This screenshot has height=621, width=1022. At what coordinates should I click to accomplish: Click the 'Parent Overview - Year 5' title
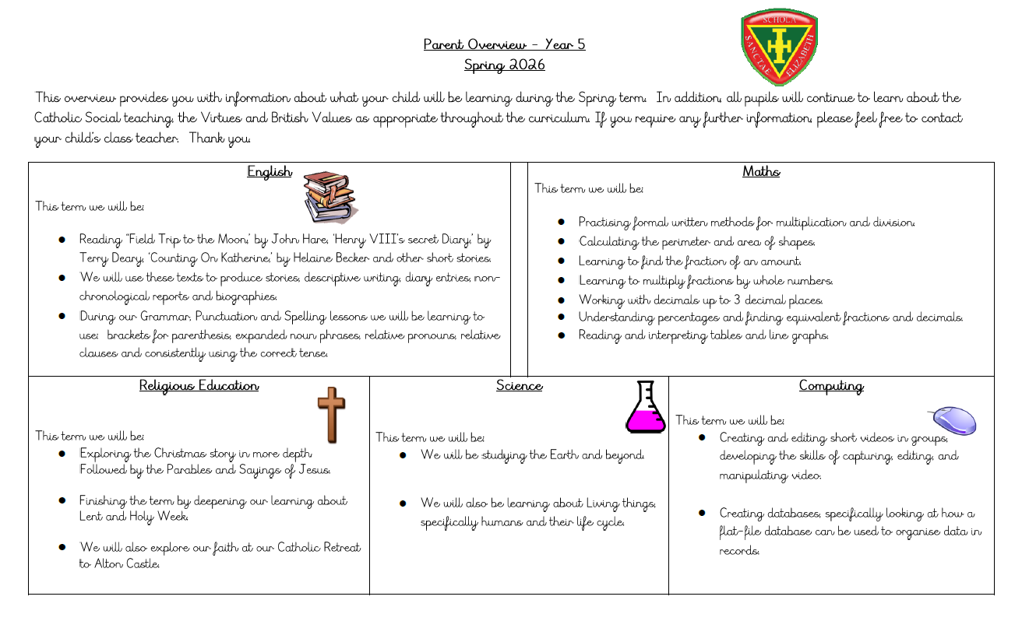pyautogui.click(x=504, y=44)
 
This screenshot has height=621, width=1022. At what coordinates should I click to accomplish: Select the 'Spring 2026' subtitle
pyautogui.click(x=504, y=65)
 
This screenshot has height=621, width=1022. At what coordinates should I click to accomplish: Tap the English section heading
pyautogui.click(x=269, y=172)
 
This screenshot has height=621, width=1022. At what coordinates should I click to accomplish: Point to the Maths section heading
pyautogui.click(x=760, y=172)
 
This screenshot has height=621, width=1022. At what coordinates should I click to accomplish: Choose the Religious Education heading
pyautogui.click(x=199, y=385)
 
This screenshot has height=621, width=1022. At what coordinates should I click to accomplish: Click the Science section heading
pyautogui.click(x=519, y=385)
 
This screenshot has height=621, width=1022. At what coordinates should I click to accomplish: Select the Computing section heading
pyautogui.click(x=831, y=385)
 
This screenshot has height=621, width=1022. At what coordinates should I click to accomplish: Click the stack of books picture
pyautogui.click(x=329, y=197)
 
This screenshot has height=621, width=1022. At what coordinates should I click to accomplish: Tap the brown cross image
pyautogui.click(x=330, y=415)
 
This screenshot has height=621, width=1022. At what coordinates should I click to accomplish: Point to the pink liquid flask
pyautogui.click(x=647, y=408)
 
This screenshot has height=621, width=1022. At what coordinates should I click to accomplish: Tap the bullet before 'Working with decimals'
pyautogui.click(x=561, y=300)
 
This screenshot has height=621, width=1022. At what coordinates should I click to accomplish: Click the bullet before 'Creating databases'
pyautogui.click(x=702, y=513)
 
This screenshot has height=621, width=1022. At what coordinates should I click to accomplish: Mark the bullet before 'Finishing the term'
pyautogui.click(x=62, y=500)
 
